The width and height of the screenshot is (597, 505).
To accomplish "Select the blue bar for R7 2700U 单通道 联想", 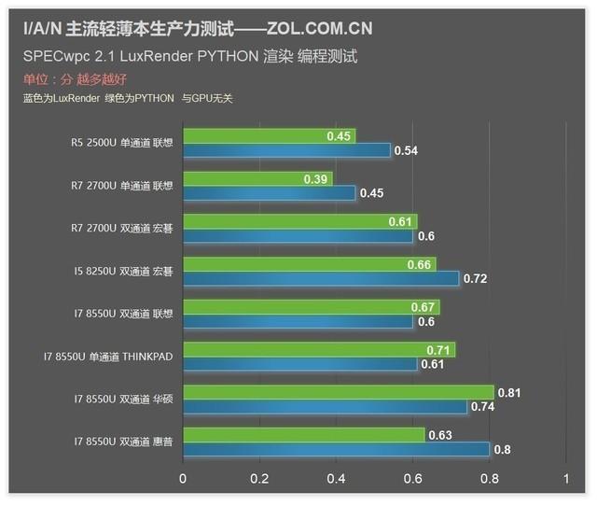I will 269,193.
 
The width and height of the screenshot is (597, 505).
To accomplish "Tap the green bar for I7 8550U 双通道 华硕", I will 338,393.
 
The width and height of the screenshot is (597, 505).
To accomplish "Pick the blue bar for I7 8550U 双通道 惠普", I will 336,450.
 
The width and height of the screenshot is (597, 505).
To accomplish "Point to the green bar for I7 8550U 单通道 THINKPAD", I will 318,350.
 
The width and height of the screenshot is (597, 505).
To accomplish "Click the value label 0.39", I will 342,179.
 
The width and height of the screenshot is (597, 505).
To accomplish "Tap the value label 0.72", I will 476,279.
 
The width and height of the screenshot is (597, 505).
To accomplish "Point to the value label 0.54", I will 407,150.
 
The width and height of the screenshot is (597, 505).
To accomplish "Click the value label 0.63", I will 439,435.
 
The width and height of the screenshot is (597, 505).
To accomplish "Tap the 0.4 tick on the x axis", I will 336,480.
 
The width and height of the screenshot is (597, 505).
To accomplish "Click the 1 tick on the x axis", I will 565,480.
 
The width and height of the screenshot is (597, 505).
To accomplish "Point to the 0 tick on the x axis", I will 183,480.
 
